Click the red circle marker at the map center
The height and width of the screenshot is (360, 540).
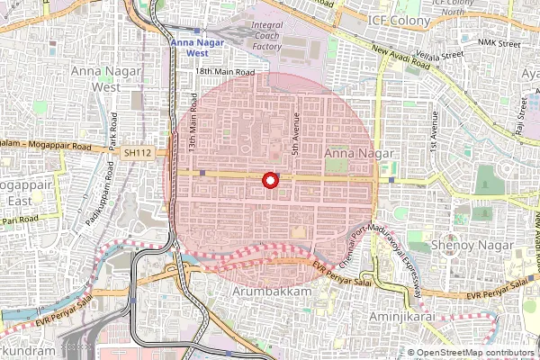(269, 181)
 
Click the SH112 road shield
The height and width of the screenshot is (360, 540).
(138, 154)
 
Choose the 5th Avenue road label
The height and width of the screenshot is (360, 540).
(293, 132)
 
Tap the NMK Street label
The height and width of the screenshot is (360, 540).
(499, 43)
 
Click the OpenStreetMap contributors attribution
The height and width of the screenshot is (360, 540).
(474, 353)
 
